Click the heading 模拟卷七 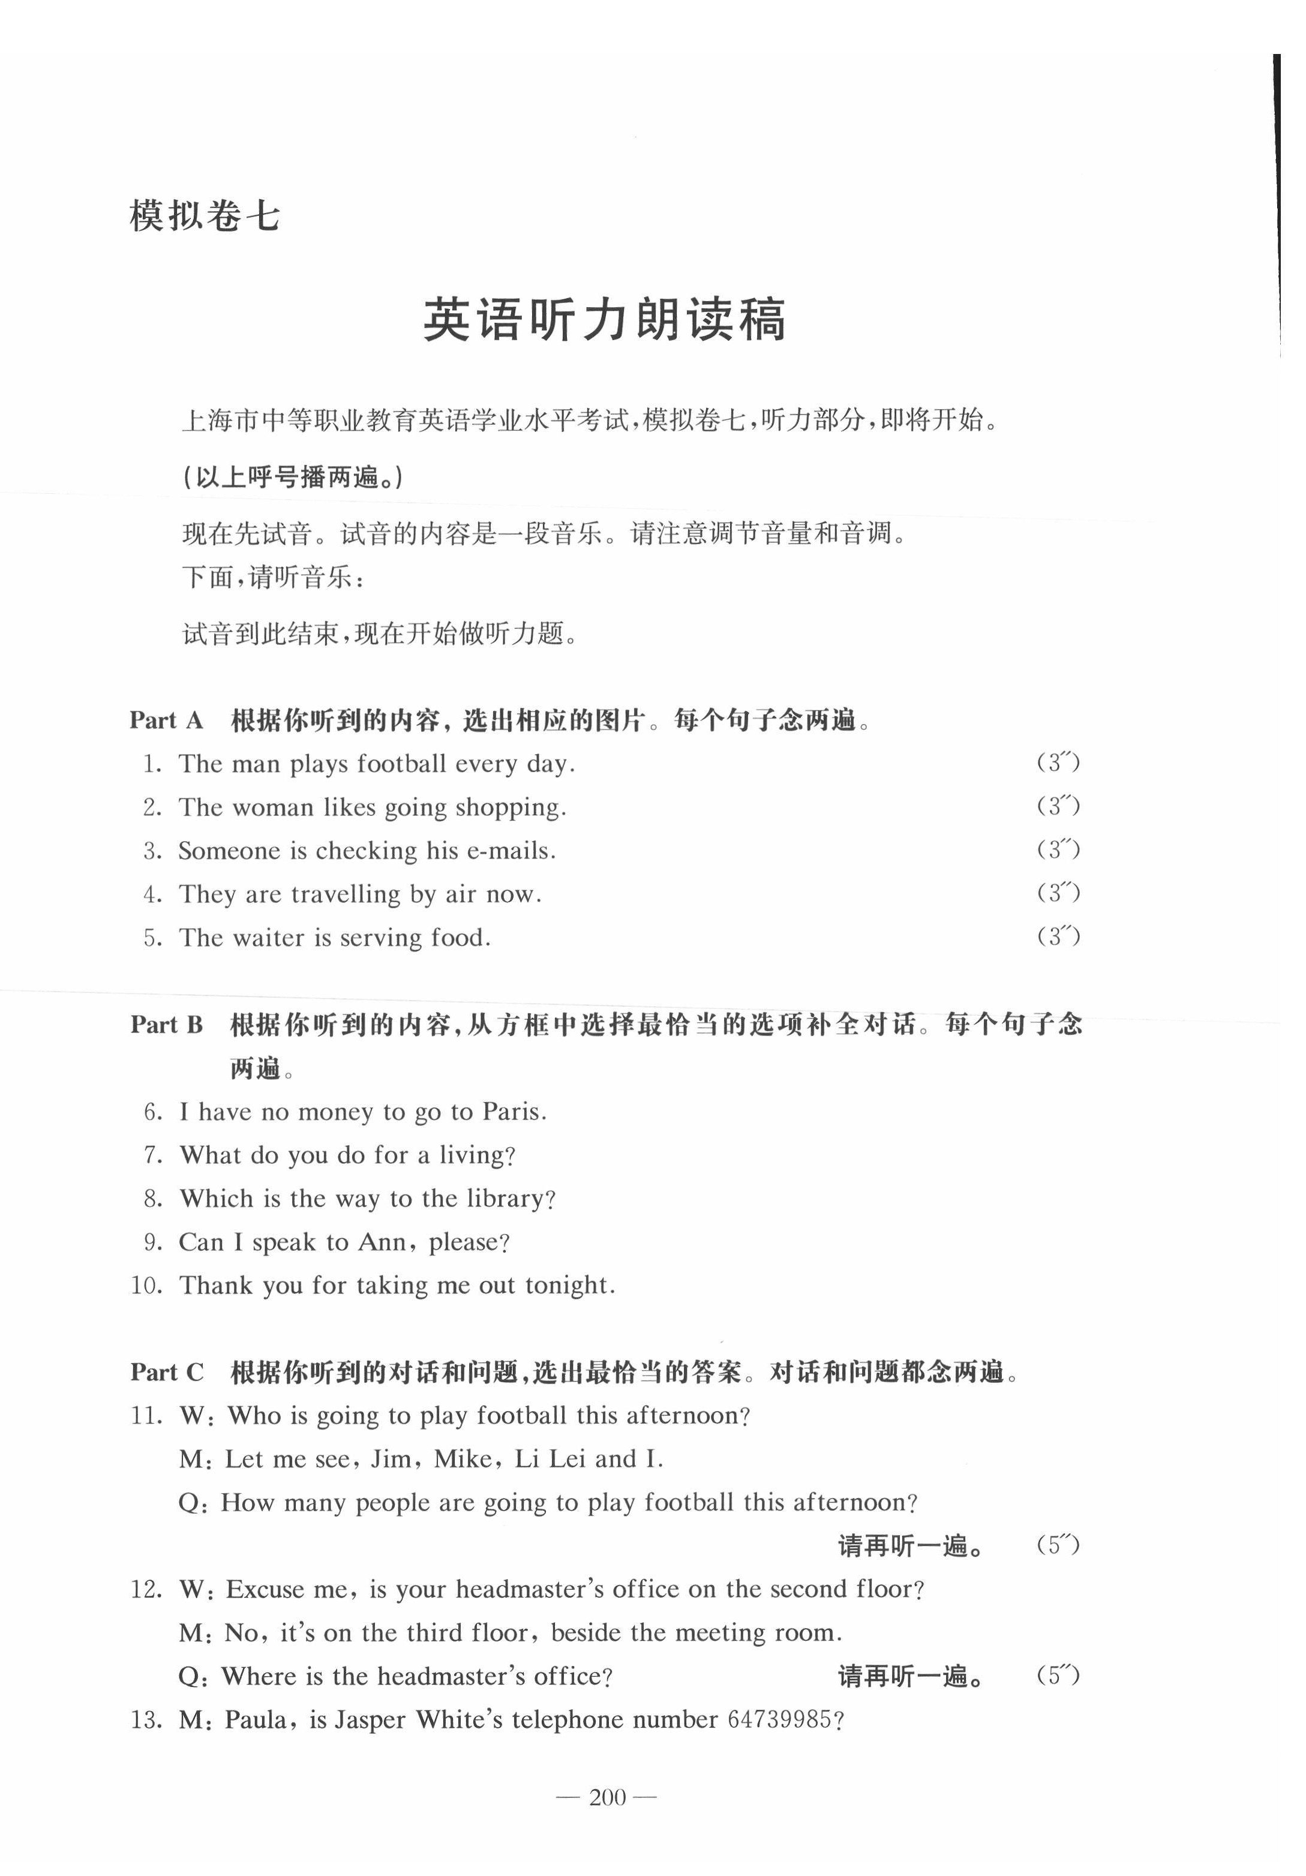(x=205, y=217)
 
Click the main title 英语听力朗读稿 (x=604, y=320)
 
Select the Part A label (x=166, y=720)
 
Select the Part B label (x=167, y=1025)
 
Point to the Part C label (x=167, y=1372)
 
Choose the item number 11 (x=147, y=1416)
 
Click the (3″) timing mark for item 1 (x=1058, y=763)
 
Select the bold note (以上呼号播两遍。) (x=293, y=477)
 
